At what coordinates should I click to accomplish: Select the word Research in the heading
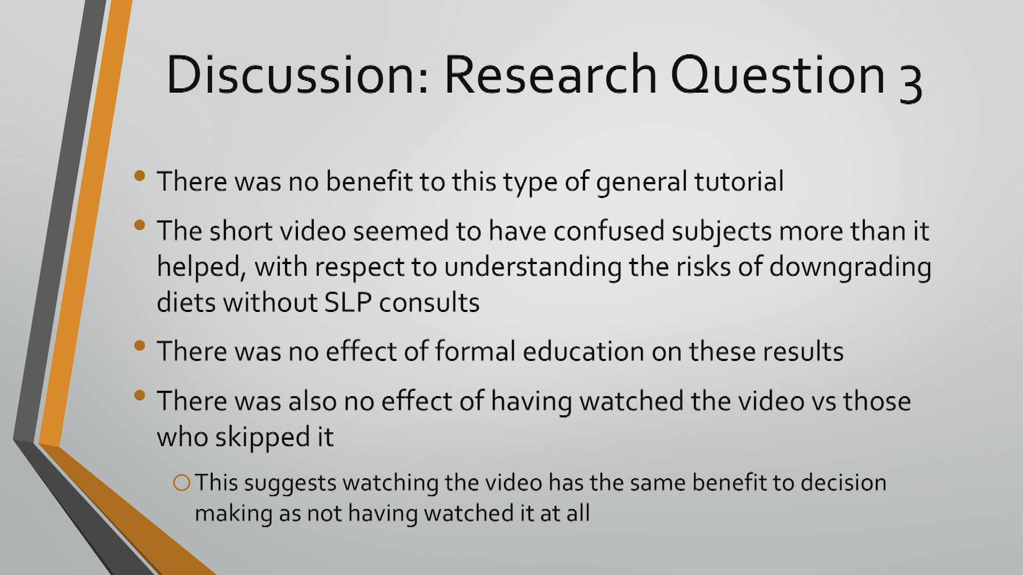point(551,75)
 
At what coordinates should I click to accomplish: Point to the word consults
point(429,302)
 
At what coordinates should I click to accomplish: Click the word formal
point(475,351)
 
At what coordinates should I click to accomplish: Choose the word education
point(583,351)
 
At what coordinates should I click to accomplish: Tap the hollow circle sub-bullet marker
point(182,483)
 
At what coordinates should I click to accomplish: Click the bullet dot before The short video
point(140,225)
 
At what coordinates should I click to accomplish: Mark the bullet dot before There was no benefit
point(140,176)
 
